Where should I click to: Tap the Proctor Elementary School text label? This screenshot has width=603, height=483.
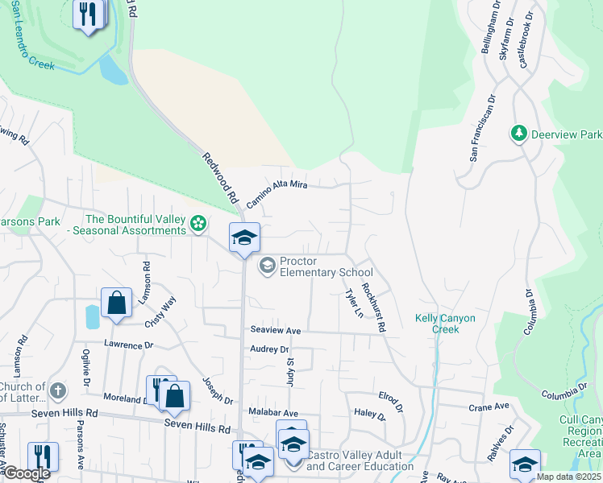click(326, 266)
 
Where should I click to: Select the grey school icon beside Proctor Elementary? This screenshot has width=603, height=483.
click(267, 264)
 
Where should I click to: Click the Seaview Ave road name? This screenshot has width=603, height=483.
click(275, 330)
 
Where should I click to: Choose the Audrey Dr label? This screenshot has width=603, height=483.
click(269, 349)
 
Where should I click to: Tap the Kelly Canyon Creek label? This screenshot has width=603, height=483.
click(445, 324)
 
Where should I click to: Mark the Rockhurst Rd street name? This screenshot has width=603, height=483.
click(374, 307)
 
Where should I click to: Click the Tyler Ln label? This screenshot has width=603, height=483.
click(351, 303)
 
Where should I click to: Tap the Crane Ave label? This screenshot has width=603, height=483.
click(489, 407)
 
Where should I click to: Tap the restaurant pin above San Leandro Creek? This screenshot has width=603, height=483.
click(87, 14)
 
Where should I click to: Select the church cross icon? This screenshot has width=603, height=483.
click(56, 391)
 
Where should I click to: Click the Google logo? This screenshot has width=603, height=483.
click(26, 473)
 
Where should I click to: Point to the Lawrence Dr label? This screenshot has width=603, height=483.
click(128, 345)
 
